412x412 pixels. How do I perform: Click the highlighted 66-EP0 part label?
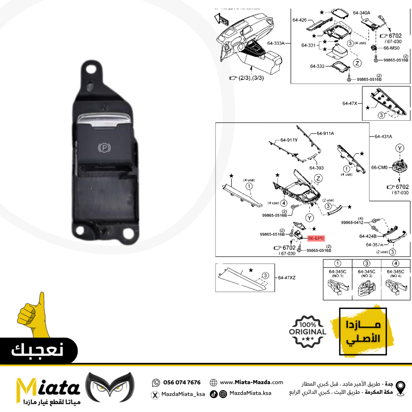coord(316,238)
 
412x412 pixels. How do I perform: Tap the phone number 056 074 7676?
coord(182,382)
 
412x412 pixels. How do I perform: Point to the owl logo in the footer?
coord(110,387)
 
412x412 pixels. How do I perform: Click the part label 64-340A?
coord(361,13)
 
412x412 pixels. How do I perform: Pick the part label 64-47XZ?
coord(286,278)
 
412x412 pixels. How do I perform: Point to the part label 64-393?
coord(316,168)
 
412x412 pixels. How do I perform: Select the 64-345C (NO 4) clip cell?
coord(396,282)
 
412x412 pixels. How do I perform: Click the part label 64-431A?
coord(383,136)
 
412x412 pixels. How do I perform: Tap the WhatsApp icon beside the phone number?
coord(155,382)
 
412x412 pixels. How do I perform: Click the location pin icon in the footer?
coord(400,387)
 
